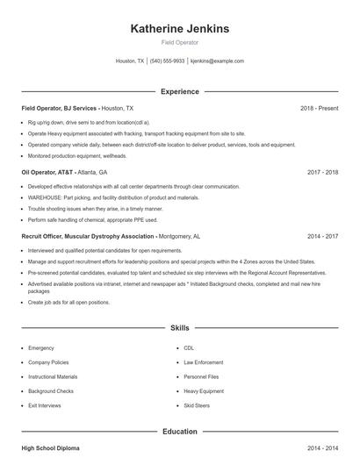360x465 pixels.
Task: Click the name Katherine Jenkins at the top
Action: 180,29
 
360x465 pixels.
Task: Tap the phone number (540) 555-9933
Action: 167,61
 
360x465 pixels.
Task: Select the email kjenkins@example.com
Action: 217,61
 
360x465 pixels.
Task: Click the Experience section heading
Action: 180,91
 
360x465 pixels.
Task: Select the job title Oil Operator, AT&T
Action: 48,173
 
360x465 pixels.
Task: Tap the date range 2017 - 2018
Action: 322,173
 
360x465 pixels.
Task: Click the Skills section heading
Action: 180,328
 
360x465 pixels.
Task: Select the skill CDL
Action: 188,348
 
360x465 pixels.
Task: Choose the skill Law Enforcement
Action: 203,362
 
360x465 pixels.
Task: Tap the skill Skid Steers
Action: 197,406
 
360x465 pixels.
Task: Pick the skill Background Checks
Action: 51,391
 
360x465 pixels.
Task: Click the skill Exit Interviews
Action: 45,406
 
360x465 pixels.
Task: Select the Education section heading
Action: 180,432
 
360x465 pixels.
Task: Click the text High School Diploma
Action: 50,448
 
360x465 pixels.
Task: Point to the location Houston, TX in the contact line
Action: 130,61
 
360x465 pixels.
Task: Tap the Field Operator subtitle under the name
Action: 180,42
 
